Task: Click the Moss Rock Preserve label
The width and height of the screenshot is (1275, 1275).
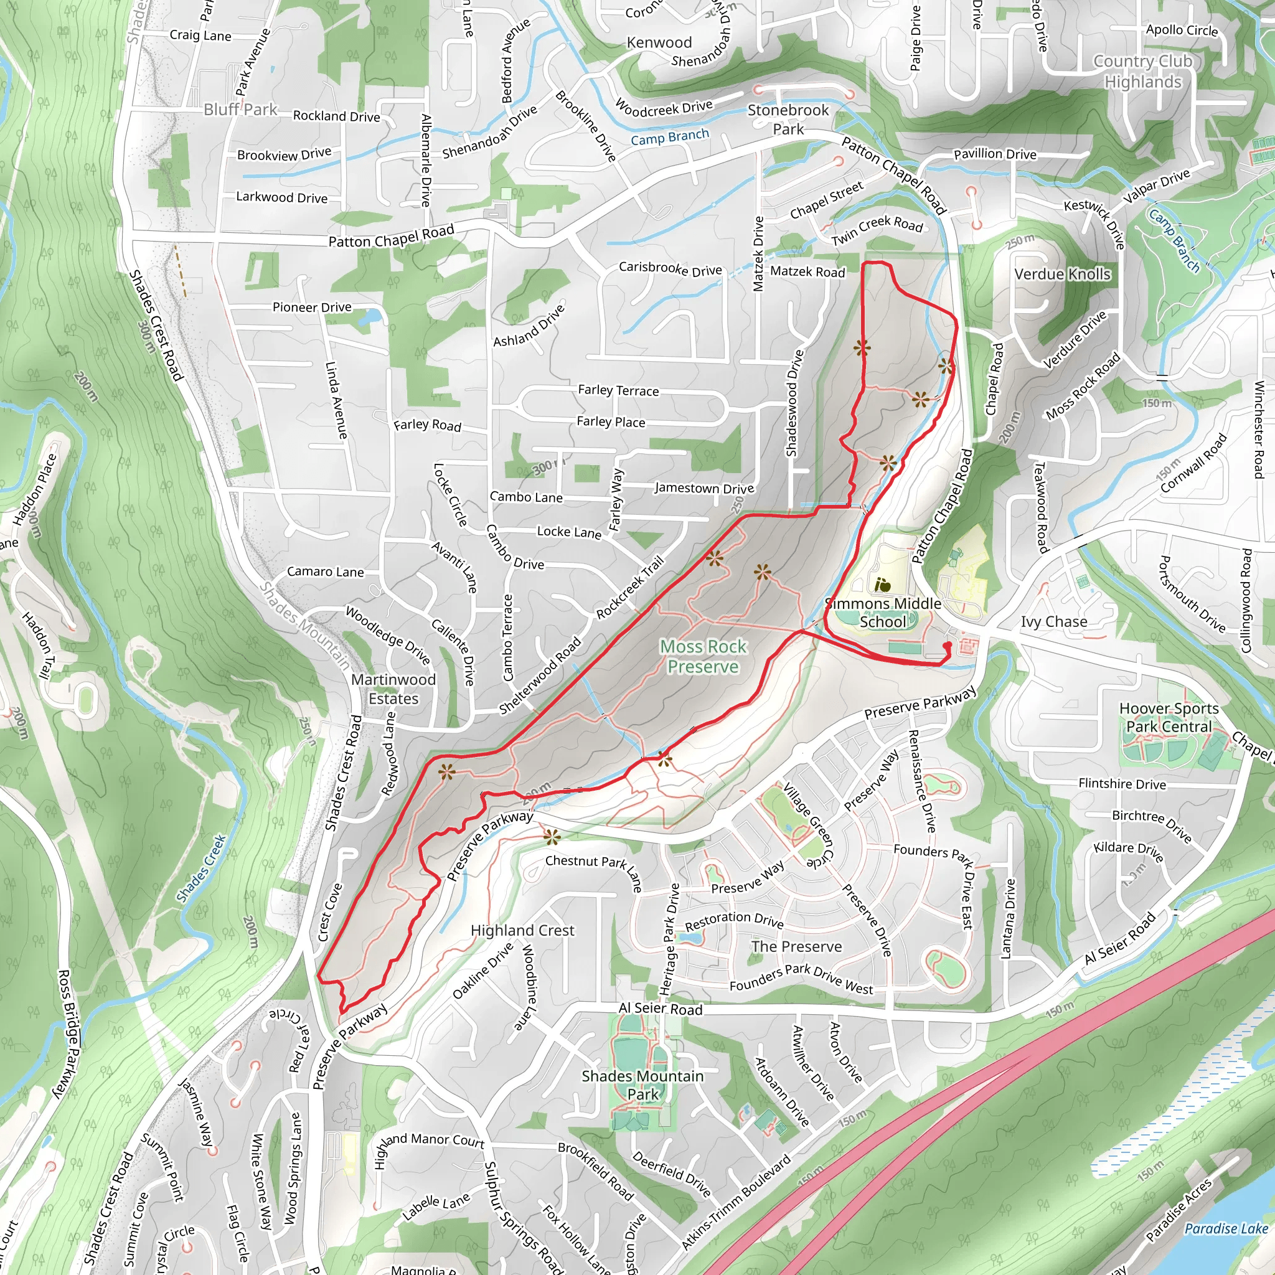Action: tap(703, 657)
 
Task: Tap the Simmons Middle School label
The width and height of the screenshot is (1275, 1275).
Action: tap(882, 613)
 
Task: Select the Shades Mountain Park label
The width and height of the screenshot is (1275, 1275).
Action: tap(642, 1085)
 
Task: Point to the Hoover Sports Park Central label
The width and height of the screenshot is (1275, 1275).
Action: tap(1169, 717)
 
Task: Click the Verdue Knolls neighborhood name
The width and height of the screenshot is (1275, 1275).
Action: tap(1062, 274)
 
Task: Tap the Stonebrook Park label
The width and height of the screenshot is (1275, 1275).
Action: tap(788, 120)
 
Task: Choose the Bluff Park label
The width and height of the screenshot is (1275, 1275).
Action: tap(240, 110)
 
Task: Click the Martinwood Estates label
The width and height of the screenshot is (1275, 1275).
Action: tap(393, 689)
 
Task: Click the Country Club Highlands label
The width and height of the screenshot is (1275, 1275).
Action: tap(1143, 71)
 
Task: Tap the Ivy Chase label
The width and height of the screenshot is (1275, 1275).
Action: tap(1054, 622)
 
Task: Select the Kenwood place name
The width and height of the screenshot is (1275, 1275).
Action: tap(659, 42)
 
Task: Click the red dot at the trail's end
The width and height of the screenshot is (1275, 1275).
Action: tap(948, 646)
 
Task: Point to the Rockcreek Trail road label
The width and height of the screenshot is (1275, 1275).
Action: tap(629, 588)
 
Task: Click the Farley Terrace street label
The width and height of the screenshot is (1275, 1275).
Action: tap(618, 390)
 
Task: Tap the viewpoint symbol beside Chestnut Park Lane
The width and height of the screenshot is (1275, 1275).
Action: tap(552, 838)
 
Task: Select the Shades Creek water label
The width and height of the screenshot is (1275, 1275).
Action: tap(201, 868)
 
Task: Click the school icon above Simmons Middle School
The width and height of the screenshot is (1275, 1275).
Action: tap(882, 585)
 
